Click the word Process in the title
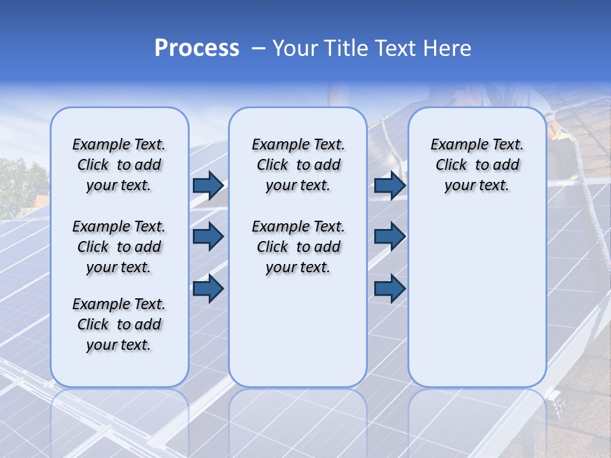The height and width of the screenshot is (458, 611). pyautogui.click(x=197, y=48)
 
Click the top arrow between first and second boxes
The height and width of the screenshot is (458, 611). pyautogui.click(x=208, y=185)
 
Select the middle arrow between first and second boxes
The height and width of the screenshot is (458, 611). pyautogui.click(x=208, y=237)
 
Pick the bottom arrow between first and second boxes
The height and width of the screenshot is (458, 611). pyautogui.click(x=208, y=288)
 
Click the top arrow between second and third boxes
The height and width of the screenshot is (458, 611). pyautogui.click(x=390, y=185)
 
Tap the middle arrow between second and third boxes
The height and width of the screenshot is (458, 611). pyautogui.click(x=390, y=237)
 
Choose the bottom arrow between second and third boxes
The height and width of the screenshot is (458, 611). pyautogui.click(x=390, y=288)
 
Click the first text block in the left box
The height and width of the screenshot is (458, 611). pyautogui.click(x=119, y=165)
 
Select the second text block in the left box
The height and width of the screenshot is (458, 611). pyautogui.click(x=119, y=247)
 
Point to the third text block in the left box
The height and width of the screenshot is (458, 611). pyautogui.click(x=119, y=324)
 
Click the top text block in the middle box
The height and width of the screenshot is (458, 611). pyautogui.click(x=298, y=165)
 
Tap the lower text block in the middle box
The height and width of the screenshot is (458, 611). pyautogui.click(x=298, y=247)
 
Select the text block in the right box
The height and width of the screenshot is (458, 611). pyautogui.click(x=477, y=165)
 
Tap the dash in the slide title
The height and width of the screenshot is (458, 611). pyautogui.click(x=258, y=48)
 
